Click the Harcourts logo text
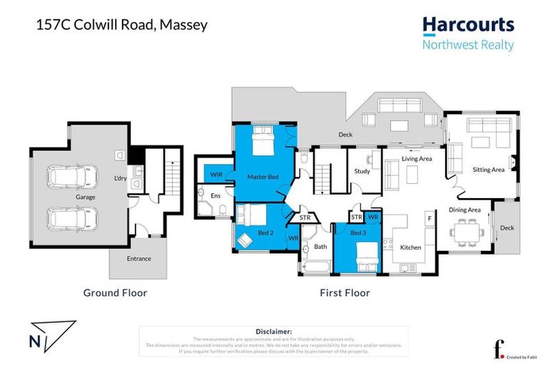click(x=468, y=25)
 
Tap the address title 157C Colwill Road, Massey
click(x=121, y=25)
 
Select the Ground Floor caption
click(x=115, y=292)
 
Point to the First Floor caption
click(x=345, y=292)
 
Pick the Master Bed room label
click(x=262, y=176)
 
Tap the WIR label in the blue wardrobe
click(x=215, y=174)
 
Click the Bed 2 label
click(x=265, y=232)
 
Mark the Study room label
click(x=362, y=171)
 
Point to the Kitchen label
click(x=410, y=247)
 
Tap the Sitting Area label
click(x=489, y=170)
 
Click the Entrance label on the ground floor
click(x=138, y=259)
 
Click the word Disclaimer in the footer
click(x=274, y=331)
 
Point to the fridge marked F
click(x=429, y=217)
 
